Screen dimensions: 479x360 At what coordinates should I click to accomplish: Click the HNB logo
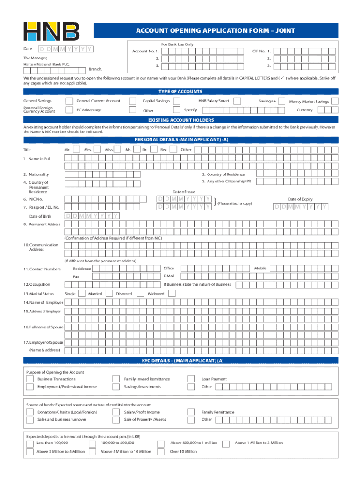pos(51,31)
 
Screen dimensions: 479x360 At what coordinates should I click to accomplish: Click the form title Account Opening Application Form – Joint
pos(216,31)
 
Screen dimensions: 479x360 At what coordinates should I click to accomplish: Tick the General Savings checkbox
pos(70,101)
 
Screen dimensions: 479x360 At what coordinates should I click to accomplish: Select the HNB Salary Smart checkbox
pos(237,101)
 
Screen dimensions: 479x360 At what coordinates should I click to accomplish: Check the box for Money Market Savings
pos(334,101)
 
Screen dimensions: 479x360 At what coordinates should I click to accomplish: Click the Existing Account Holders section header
pos(181,120)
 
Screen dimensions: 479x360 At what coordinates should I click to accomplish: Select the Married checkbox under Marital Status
pos(108,294)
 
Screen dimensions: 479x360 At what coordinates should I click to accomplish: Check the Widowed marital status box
pos(172,294)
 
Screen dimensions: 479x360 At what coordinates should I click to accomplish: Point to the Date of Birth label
pos(40,216)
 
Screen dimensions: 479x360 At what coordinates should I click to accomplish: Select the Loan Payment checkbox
pos(191,379)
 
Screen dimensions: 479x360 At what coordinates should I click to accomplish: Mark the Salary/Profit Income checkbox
pos(115,412)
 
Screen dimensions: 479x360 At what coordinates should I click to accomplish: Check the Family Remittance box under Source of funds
pos(191,412)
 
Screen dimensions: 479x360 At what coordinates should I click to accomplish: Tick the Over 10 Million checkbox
pos(160,451)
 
